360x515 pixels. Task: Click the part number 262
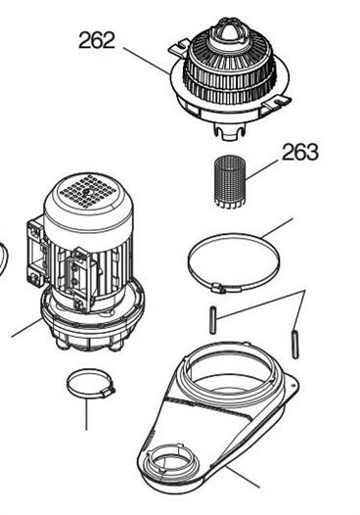point(97,40)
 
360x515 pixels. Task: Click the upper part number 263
point(300,152)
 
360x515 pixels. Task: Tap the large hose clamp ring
point(233,262)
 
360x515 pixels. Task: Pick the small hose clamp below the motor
point(90,384)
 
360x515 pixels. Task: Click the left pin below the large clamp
point(213,320)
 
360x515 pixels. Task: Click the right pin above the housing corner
point(295,345)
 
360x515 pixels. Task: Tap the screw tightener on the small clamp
point(109,393)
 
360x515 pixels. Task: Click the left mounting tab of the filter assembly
point(179,48)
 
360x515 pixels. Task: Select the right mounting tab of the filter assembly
point(277,102)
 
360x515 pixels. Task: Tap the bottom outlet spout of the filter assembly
point(230,131)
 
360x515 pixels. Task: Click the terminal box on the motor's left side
point(37,253)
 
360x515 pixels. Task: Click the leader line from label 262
point(148,61)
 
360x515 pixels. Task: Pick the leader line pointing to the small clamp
point(87,414)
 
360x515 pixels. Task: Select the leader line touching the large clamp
point(277,228)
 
